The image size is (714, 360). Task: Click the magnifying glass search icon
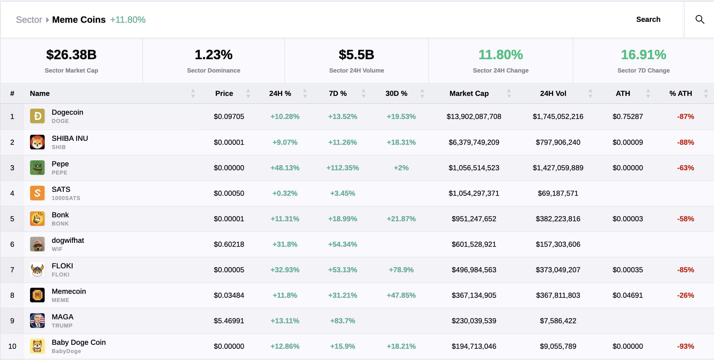700,19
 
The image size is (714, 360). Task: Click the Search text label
648,19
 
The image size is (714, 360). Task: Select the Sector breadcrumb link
29,20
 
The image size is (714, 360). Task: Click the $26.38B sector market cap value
71,55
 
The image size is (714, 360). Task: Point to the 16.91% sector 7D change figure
643,55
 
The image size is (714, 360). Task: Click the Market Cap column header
469,93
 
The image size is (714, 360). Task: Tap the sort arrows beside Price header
248,93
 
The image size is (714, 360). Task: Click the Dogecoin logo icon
37,116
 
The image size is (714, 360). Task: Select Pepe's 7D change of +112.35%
342,168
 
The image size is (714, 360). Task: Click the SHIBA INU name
70,138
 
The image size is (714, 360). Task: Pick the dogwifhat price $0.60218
229,244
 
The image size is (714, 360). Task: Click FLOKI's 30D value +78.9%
401,270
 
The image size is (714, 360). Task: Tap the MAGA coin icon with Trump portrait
37,321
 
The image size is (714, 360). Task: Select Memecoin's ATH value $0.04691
627,295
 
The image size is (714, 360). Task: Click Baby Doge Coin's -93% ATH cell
685,346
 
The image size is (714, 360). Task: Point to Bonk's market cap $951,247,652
474,219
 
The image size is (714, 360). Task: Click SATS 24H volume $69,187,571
558,193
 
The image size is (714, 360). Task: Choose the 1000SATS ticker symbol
66,198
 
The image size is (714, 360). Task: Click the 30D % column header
396,93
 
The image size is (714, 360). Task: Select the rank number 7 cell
12,270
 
